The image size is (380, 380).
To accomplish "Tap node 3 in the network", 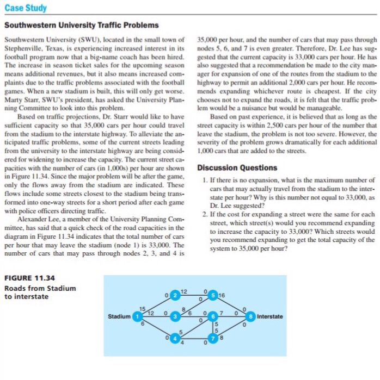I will tap(175, 316).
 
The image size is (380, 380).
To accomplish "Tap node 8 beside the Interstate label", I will tap(251, 316).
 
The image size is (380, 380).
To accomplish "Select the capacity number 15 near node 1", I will tap(143, 308).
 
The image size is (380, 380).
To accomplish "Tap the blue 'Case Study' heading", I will tap(25, 9).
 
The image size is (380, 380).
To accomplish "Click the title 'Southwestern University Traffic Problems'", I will tap(82, 26).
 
